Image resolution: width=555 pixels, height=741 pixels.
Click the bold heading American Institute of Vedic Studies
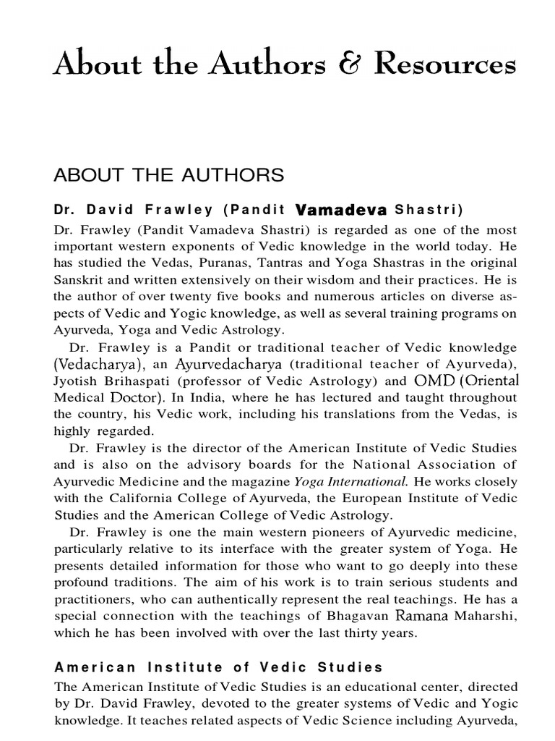pyautogui.click(x=218, y=667)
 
